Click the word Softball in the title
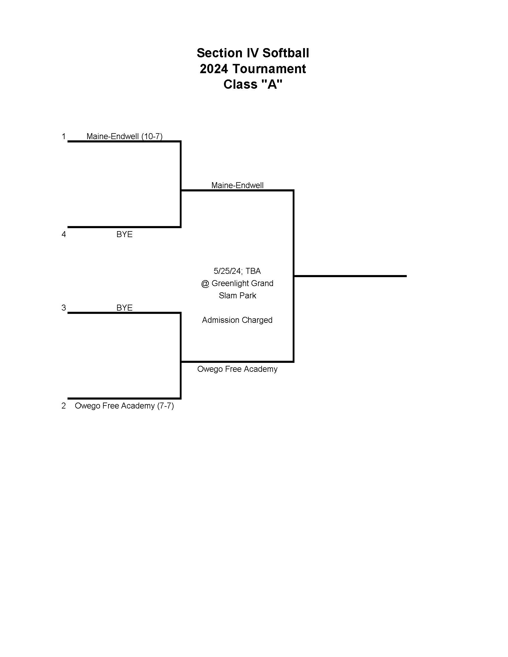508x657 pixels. click(x=286, y=53)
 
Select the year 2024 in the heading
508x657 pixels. click(x=214, y=69)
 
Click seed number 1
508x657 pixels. click(x=63, y=136)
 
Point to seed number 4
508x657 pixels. click(x=63, y=234)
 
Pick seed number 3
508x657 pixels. click(x=63, y=307)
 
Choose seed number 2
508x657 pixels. click(x=63, y=406)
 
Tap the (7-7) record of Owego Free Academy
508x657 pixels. click(x=165, y=406)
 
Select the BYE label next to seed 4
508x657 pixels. click(x=124, y=234)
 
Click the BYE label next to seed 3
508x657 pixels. click(x=124, y=307)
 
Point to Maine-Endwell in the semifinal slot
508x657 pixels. click(x=237, y=185)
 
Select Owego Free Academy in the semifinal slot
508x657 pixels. click(x=237, y=369)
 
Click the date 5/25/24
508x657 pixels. click(x=227, y=271)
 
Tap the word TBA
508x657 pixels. click(x=253, y=271)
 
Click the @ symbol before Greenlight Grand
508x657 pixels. click(x=205, y=283)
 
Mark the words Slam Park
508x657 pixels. click(x=237, y=295)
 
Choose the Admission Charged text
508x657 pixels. click(x=237, y=320)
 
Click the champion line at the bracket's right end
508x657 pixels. click(x=350, y=276)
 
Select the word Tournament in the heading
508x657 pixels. click(x=269, y=69)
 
